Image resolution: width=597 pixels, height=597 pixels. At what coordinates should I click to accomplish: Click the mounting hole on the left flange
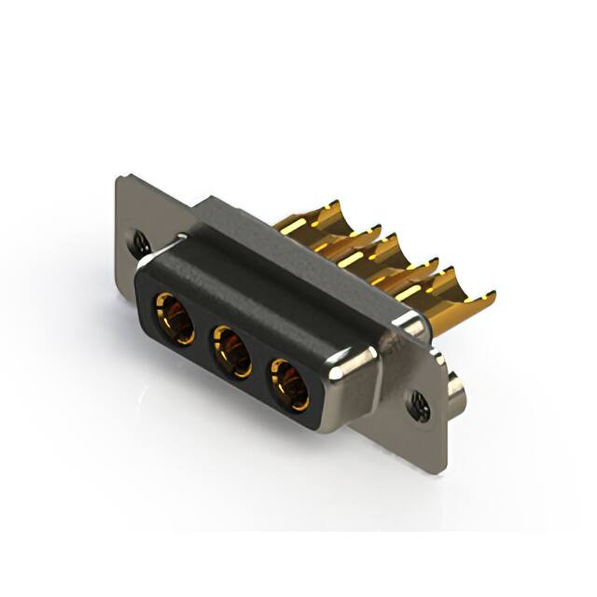[140, 241]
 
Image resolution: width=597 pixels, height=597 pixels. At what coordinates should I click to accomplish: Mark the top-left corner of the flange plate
[119, 178]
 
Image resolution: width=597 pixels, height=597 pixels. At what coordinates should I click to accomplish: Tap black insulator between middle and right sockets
[261, 370]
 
